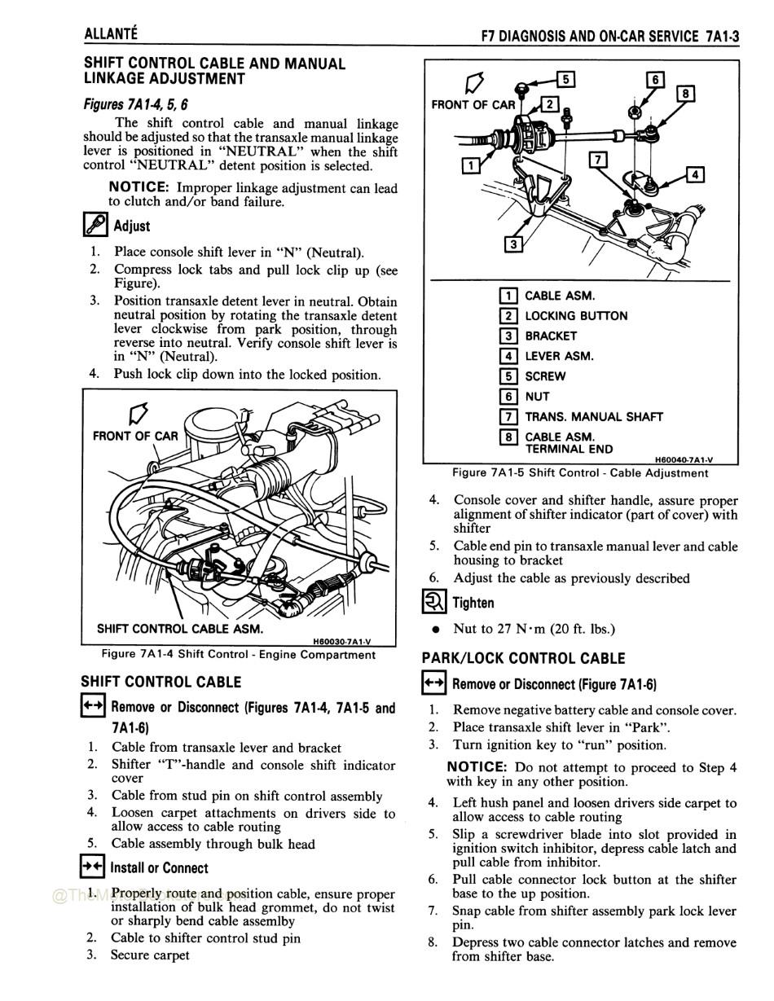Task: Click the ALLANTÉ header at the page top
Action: tap(111, 33)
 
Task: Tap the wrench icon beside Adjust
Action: tap(95, 225)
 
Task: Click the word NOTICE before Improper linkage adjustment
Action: tap(139, 188)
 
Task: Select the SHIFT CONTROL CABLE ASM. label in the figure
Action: tap(179, 629)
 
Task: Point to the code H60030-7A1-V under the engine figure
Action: tap(341, 641)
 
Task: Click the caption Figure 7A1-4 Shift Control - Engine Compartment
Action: tap(239, 654)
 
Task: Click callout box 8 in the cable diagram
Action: tap(686, 94)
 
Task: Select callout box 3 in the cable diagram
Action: tap(512, 244)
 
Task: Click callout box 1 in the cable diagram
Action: tap(469, 166)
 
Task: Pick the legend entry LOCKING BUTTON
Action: tap(575, 316)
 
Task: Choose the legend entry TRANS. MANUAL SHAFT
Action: tap(593, 417)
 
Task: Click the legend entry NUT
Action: tap(537, 397)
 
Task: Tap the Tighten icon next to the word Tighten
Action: tap(434, 603)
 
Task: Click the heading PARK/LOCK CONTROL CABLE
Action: tap(523, 658)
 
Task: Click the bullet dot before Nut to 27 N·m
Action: tap(437, 630)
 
